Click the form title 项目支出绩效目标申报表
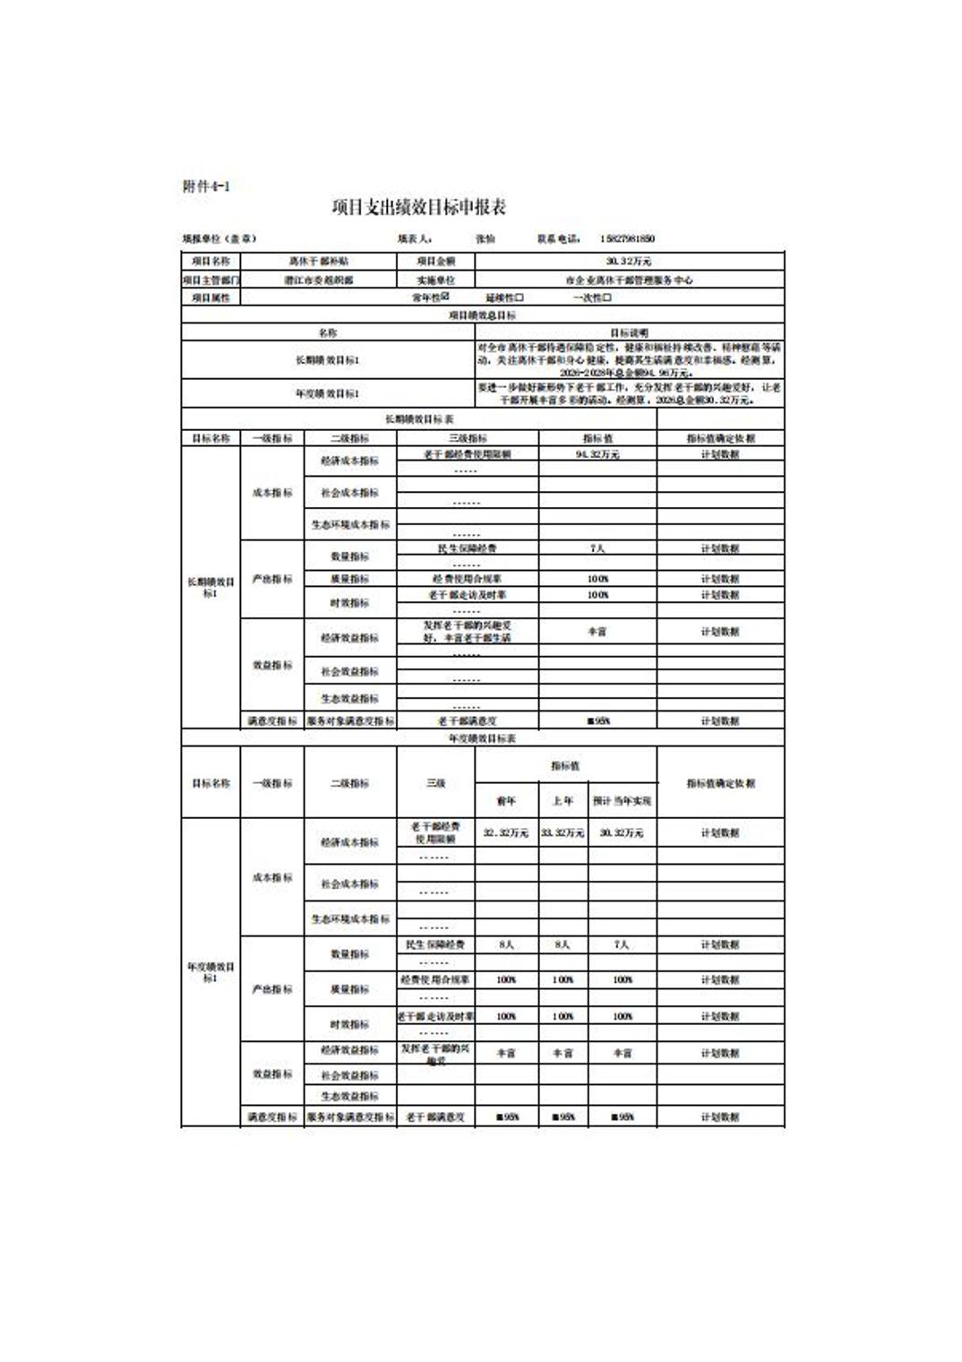(418, 208)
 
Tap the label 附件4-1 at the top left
(206, 186)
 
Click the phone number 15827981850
(627, 239)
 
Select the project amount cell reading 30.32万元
(629, 261)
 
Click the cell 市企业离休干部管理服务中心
(629, 280)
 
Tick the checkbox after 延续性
(520, 297)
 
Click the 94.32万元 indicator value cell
(597, 454)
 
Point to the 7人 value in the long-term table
(597, 547)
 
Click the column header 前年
(506, 801)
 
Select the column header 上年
(563, 801)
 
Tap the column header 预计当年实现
(622, 801)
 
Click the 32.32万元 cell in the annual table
(506, 832)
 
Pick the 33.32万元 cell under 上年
(563, 832)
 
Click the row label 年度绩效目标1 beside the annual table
(210, 972)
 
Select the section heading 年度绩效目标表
(482, 738)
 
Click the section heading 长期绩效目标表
(419, 419)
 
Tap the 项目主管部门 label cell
(210, 280)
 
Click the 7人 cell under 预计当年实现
(622, 944)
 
